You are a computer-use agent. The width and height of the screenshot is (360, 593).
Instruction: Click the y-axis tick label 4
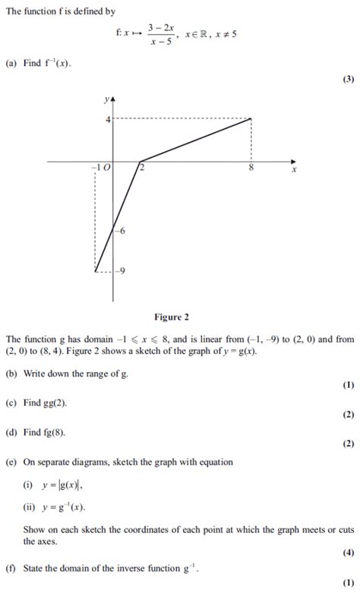point(108,119)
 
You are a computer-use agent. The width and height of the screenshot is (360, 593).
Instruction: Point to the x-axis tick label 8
point(250,169)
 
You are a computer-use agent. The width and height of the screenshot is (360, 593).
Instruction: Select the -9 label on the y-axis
point(121,270)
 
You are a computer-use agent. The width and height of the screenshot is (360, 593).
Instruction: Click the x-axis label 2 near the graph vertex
point(142,169)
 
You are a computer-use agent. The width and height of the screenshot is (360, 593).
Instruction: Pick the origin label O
point(107,169)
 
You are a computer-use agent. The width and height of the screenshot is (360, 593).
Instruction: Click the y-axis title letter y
point(106,99)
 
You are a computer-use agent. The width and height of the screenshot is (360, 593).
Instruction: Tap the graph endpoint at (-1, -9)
point(96,270)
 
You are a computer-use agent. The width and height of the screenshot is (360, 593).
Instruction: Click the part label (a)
point(11,64)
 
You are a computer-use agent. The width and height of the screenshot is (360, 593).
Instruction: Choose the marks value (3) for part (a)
point(348,79)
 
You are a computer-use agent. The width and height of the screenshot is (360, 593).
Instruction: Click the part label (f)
point(10,567)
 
